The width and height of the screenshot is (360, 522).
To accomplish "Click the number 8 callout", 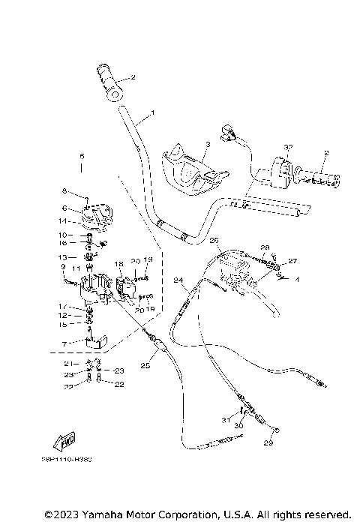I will click(x=64, y=190).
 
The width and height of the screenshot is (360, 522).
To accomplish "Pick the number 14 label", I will click(x=64, y=221).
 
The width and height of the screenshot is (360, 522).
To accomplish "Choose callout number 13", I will click(x=64, y=256).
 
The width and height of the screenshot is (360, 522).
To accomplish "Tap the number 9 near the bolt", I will click(x=64, y=266).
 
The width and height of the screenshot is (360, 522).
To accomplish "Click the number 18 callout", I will click(x=118, y=265).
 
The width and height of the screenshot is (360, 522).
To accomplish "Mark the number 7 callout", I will click(x=64, y=343).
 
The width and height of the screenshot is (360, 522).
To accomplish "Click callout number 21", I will click(x=65, y=362).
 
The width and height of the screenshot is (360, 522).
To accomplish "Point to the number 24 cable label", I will click(x=178, y=281).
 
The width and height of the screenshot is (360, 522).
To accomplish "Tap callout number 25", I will click(x=145, y=366).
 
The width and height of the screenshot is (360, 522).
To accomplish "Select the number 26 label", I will click(x=214, y=241).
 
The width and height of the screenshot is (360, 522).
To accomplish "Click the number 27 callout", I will click(x=292, y=261).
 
